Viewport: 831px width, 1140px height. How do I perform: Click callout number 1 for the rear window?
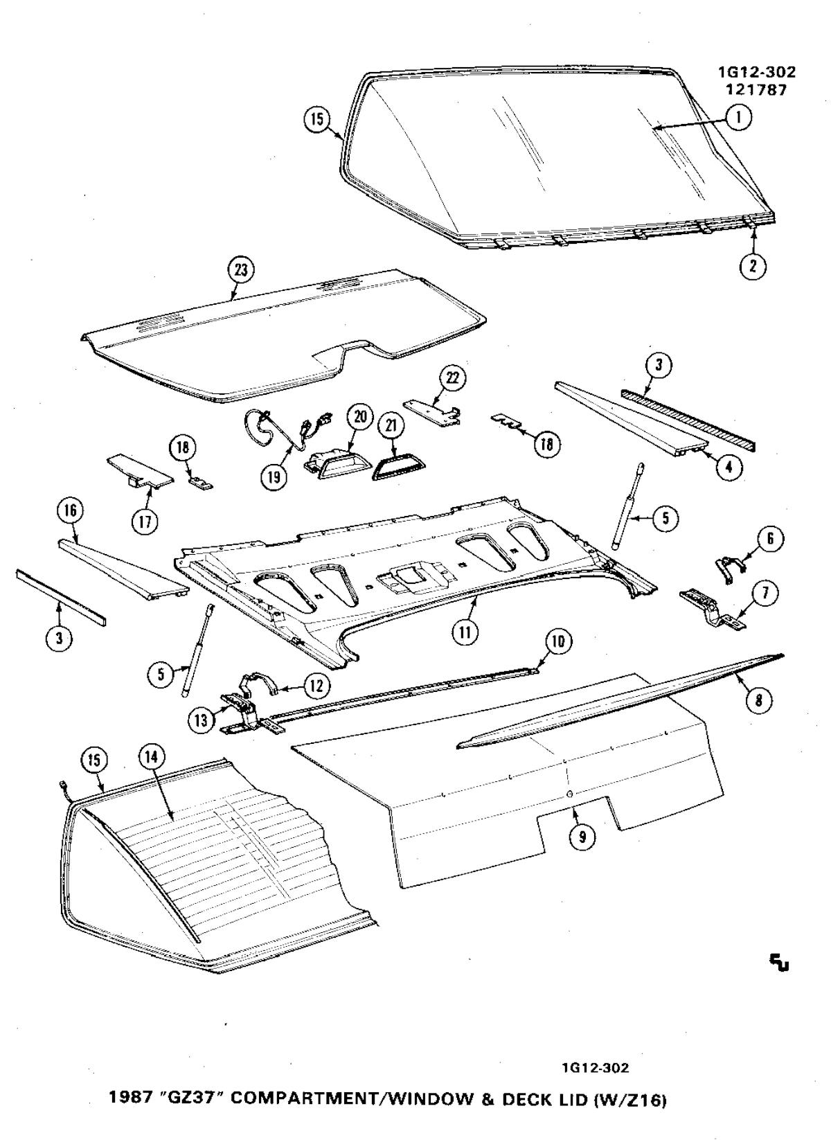738,118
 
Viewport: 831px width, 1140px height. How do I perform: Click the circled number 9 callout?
582,836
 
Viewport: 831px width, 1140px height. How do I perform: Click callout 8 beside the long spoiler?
759,700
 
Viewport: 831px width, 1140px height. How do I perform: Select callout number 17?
145,523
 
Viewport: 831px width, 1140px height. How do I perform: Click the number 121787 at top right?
756,90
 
